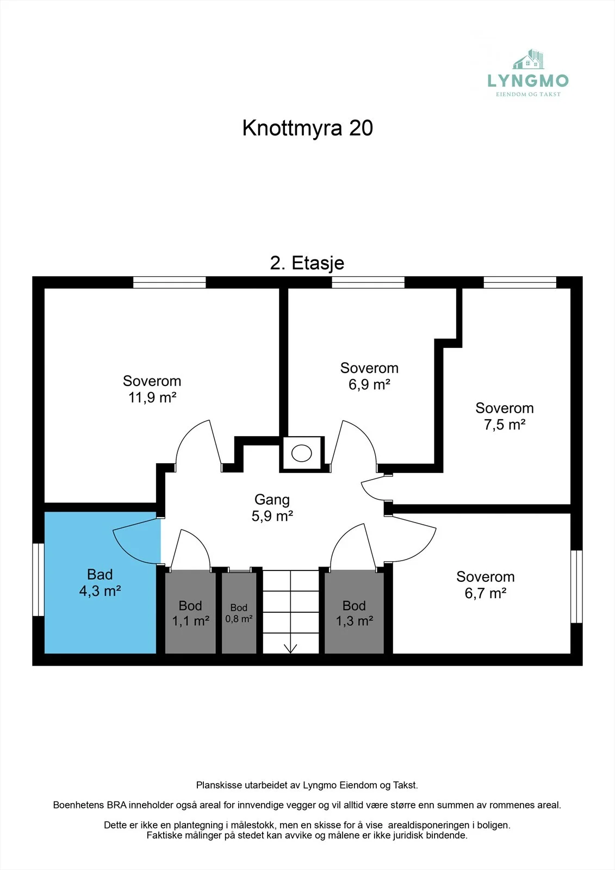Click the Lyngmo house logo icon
(529, 59)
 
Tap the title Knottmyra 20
(307, 128)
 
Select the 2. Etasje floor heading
(307, 263)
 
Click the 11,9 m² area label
(152, 397)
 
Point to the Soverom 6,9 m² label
(369, 376)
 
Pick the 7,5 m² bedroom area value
(504, 425)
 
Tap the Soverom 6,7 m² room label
(485, 585)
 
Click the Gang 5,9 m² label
(272, 507)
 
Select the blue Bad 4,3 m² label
(100, 582)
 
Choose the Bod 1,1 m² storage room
(190, 612)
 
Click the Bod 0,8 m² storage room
(239, 613)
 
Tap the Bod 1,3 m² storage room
(354, 612)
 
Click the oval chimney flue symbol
(301, 453)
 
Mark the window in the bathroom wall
(38, 580)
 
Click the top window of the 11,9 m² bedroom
(170, 282)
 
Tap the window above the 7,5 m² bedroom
(520, 282)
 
